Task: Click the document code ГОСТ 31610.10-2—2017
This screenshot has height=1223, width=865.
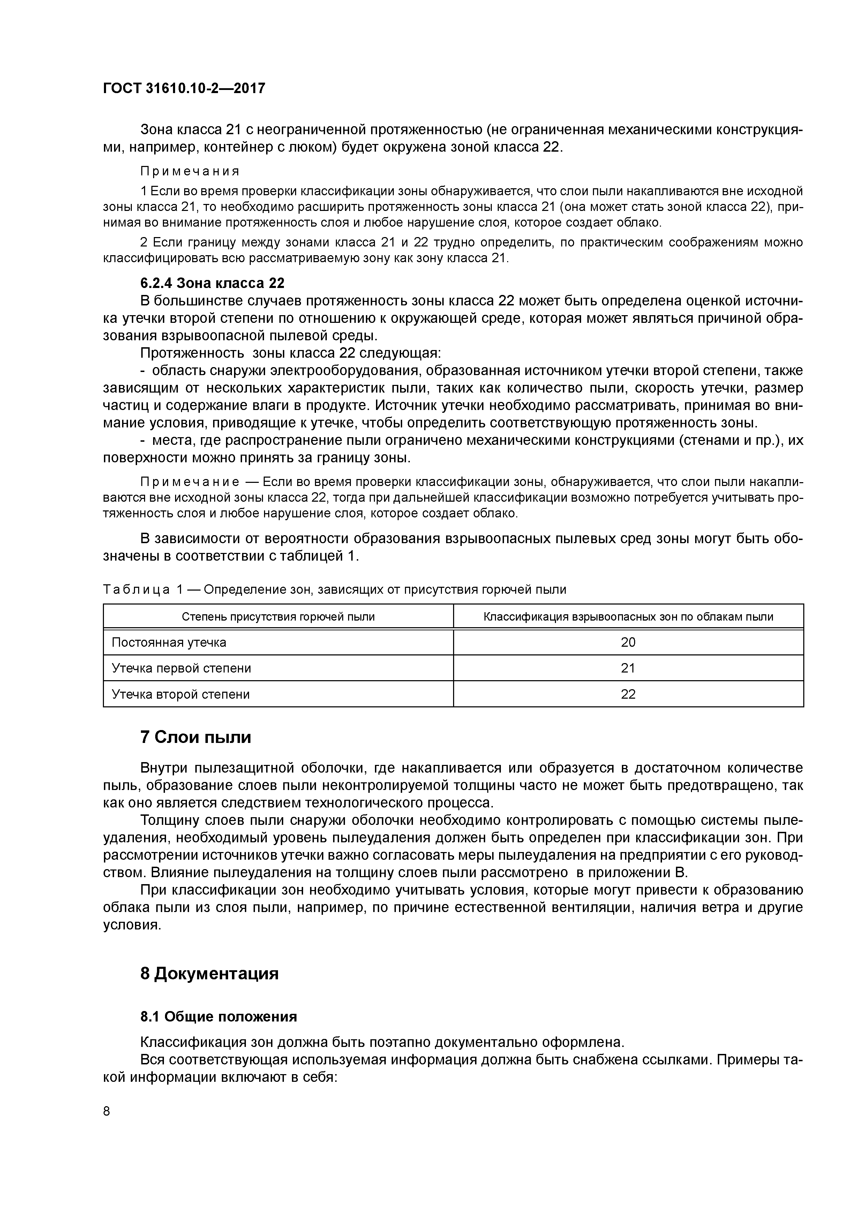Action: point(184,89)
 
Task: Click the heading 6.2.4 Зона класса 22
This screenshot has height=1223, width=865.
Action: point(212,282)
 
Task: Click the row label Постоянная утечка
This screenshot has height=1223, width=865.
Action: point(169,643)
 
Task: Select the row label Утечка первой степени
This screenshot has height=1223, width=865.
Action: point(181,668)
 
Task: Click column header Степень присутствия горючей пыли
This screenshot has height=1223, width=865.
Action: point(278,617)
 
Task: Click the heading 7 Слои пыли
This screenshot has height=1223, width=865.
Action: point(196,737)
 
